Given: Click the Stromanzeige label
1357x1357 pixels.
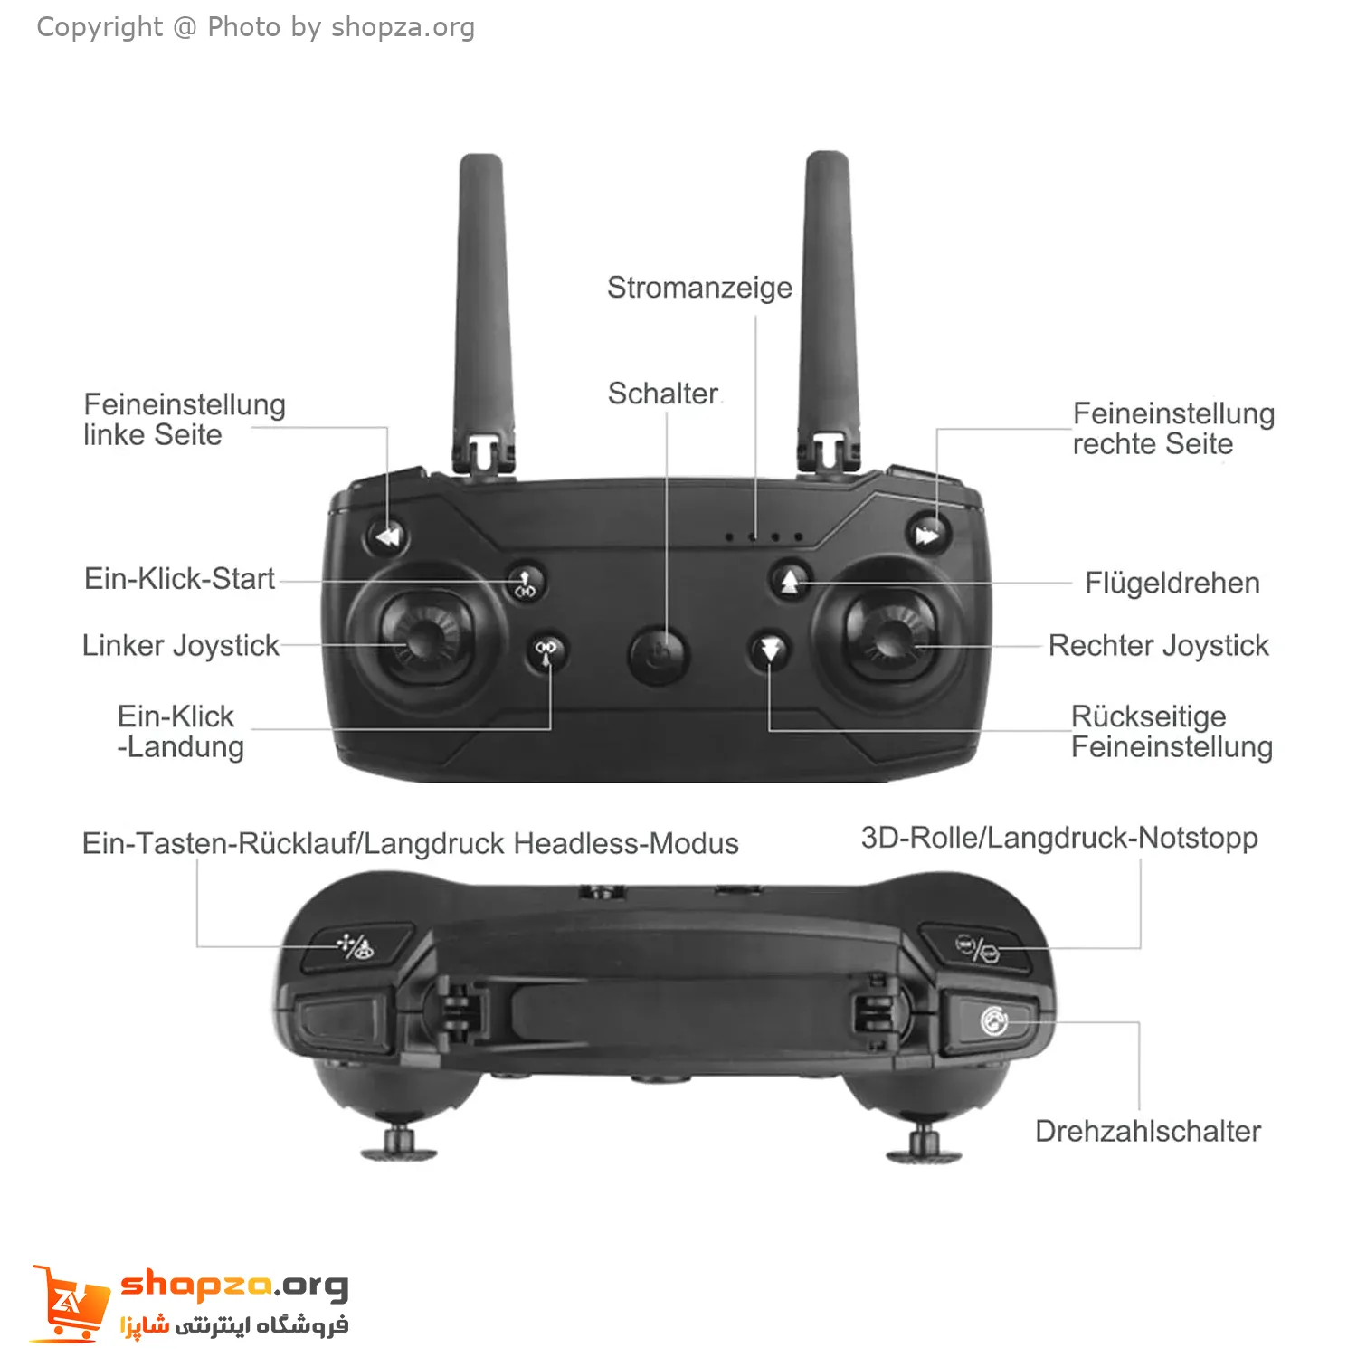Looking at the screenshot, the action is [699, 288].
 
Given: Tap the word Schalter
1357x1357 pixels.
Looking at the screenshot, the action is [663, 394].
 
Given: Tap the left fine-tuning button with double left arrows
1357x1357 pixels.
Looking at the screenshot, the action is [387, 536].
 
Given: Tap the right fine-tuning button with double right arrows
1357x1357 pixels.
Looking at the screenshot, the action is [927, 535].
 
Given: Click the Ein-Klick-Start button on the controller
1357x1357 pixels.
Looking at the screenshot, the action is [526, 582].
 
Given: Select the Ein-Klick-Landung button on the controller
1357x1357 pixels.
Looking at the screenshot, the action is [546, 650].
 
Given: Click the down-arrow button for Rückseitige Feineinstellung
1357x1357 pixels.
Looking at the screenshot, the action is [770, 649].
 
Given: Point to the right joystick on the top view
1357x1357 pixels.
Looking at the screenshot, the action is [890, 633].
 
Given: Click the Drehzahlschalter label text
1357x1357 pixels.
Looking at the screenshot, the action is [1148, 1131].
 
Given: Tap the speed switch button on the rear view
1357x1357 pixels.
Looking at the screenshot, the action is [989, 1023].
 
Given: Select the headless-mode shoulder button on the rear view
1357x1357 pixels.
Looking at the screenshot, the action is [356, 947].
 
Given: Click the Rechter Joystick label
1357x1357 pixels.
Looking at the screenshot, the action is [1158, 646].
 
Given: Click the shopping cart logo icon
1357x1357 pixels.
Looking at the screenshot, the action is [68, 1303].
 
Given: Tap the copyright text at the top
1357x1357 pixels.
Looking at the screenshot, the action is [255, 27].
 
